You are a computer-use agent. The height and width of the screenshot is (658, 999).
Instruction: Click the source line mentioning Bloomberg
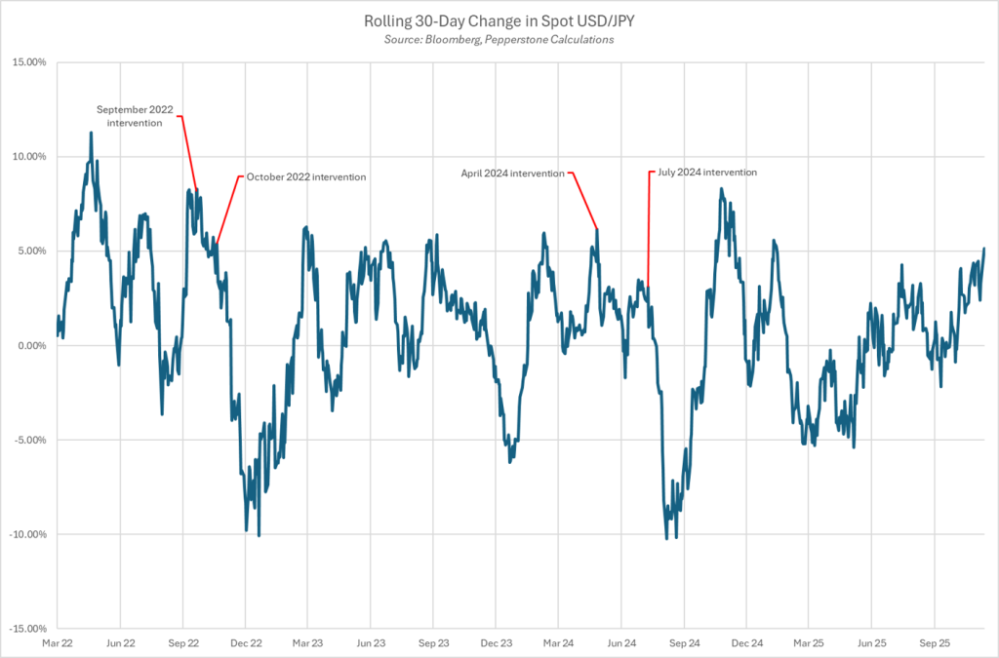[499, 40]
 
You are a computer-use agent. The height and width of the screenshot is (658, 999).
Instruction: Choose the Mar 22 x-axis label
[58, 643]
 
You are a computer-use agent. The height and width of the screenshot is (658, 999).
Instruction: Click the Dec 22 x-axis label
[245, 643]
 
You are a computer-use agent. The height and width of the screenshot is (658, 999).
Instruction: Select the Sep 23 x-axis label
[433, 643]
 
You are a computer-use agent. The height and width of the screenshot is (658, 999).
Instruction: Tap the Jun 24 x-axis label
[621, 643]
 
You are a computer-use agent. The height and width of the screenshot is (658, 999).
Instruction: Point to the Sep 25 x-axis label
[935, 643]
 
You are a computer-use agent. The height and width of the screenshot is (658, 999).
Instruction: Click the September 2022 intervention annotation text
[135, 116]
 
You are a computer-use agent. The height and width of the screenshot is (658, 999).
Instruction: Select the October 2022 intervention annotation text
[306, 176]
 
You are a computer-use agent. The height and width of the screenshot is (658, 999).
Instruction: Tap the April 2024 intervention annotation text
[513, 173]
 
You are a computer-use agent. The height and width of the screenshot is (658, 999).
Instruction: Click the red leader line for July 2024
[648, 234]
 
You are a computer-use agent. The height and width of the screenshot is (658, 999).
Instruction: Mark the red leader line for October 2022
[227, 210]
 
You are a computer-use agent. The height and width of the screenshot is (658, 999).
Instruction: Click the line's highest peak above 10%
[91, 133]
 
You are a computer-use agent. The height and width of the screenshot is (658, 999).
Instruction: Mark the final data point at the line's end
[984, 249]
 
